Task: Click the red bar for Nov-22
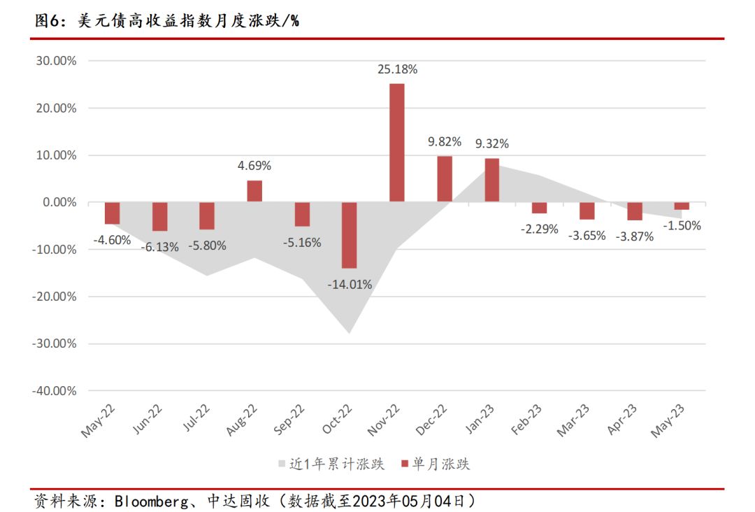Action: coord(396,143)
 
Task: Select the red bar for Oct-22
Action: coord(349,235)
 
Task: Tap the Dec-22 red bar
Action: coord(444,179)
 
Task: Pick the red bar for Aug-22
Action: coord(254,191)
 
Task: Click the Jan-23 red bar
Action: coord(491,180)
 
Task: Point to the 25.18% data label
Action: coord(397,69)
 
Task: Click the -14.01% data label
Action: coord(350,285)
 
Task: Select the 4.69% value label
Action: coord(254,166)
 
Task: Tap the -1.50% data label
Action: coord(682,225)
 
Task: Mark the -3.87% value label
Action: coord(635,236)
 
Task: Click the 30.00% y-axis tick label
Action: coord(55,61)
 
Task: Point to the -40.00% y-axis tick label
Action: coord(53,390)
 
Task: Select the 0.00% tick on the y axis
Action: coord(58,202)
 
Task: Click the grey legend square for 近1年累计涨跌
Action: coord(282,464)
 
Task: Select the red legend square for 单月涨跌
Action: coord(404,464)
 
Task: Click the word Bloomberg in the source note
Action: coord(149,501)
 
